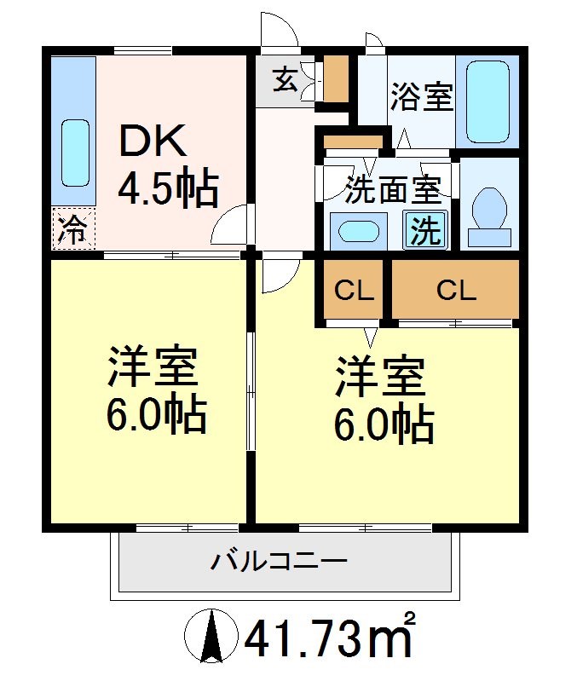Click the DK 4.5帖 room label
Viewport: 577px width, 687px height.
(168, 166)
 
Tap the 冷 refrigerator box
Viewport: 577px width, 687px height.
(74, 228)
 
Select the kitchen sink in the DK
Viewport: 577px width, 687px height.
(75, 153)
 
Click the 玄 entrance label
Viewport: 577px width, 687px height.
(285, 83)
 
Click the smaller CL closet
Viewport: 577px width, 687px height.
(354, 291)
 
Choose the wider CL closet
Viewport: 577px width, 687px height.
(455, 291)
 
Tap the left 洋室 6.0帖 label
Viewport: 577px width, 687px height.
(154, 391)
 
